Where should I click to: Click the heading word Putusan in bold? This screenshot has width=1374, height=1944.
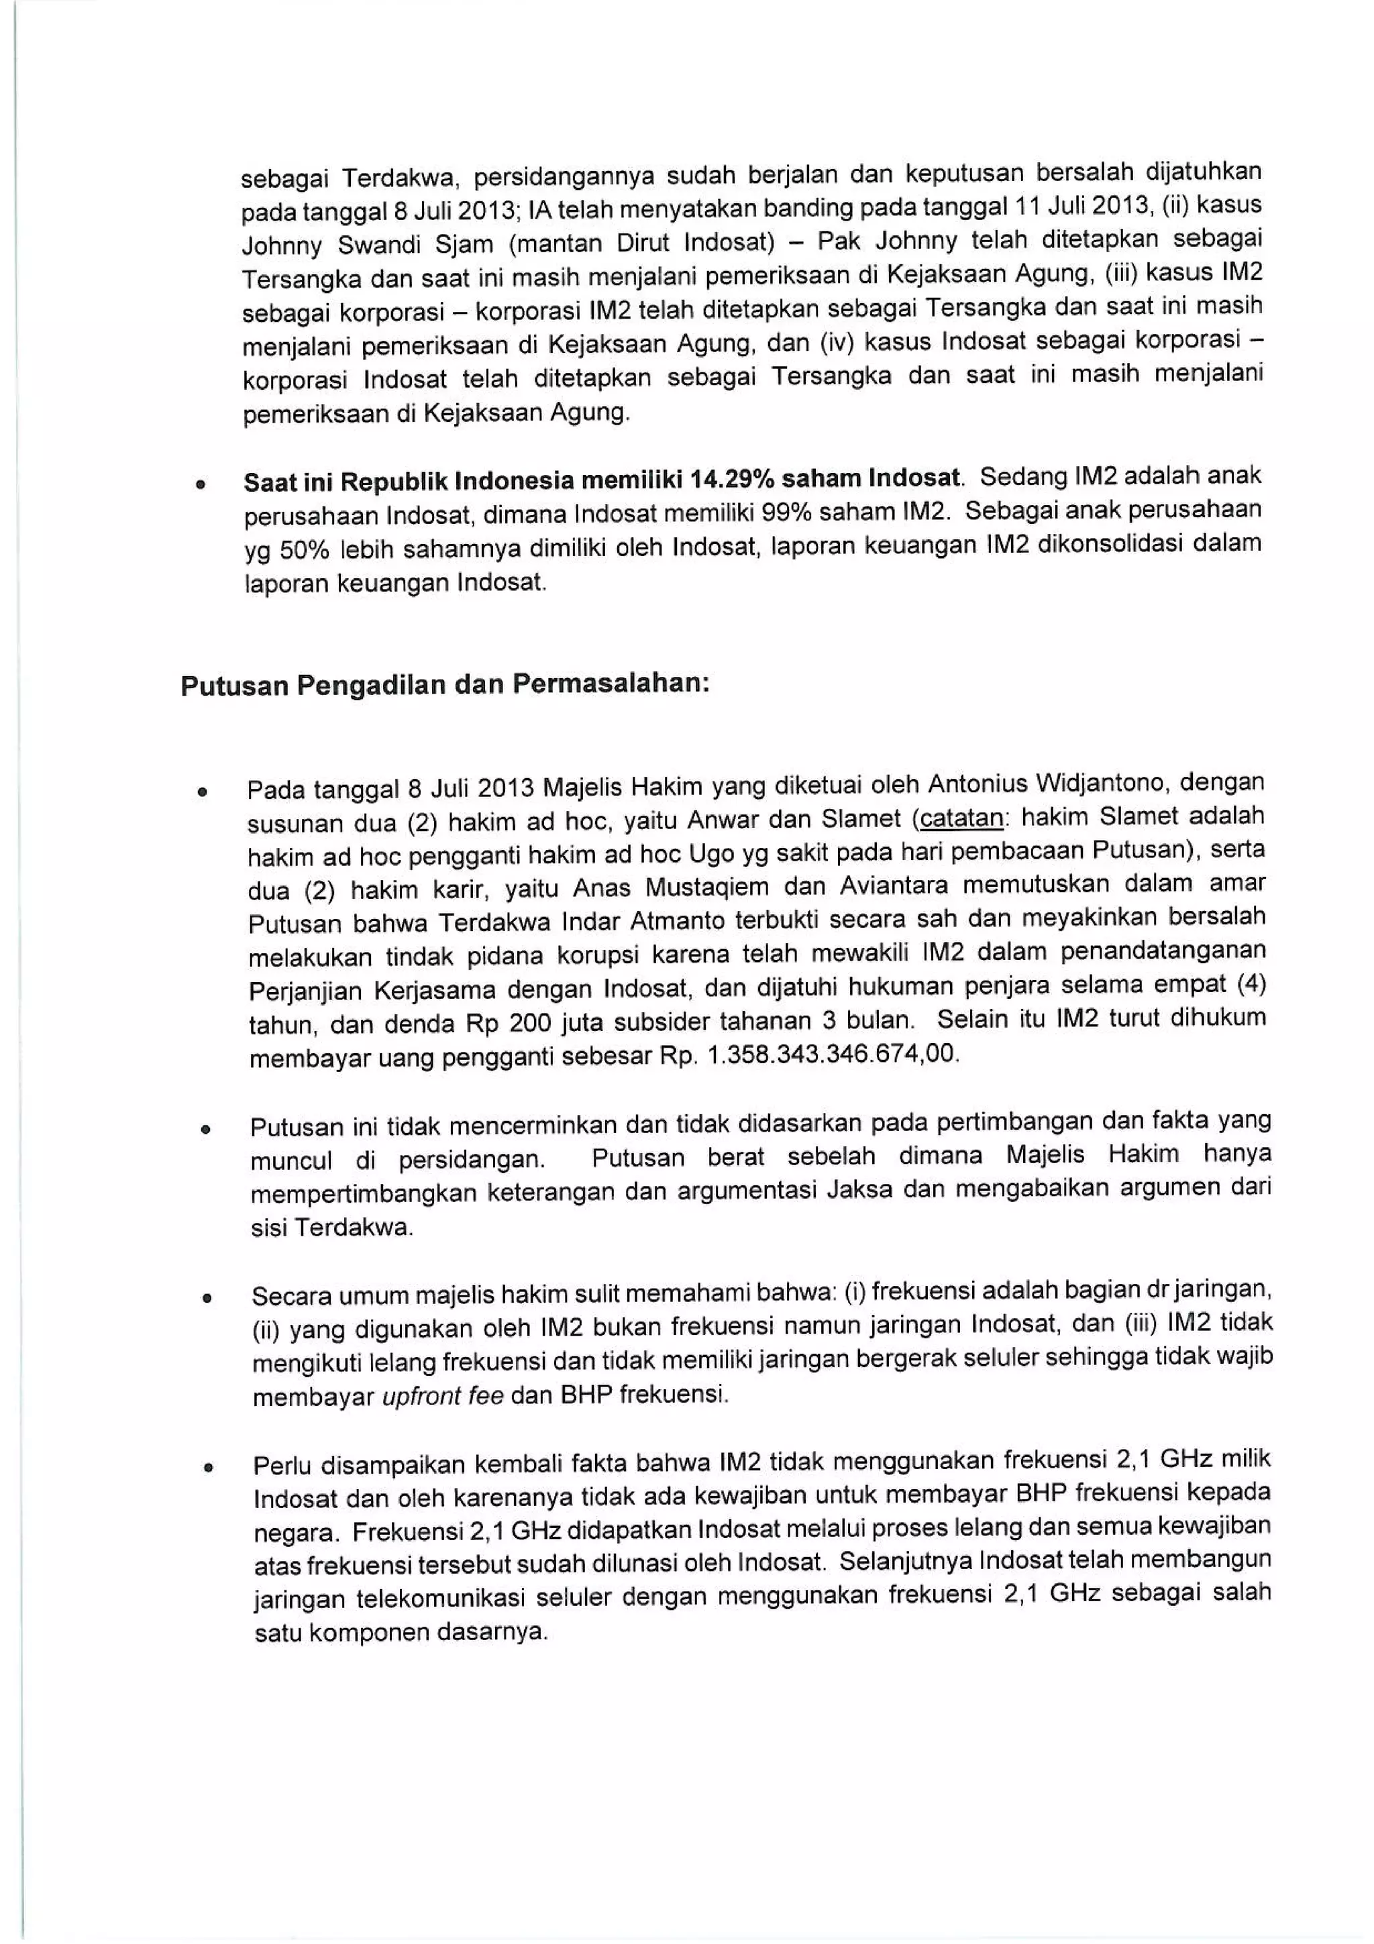click(233, 685)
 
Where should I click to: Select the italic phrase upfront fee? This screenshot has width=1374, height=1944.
click(442, 1396)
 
